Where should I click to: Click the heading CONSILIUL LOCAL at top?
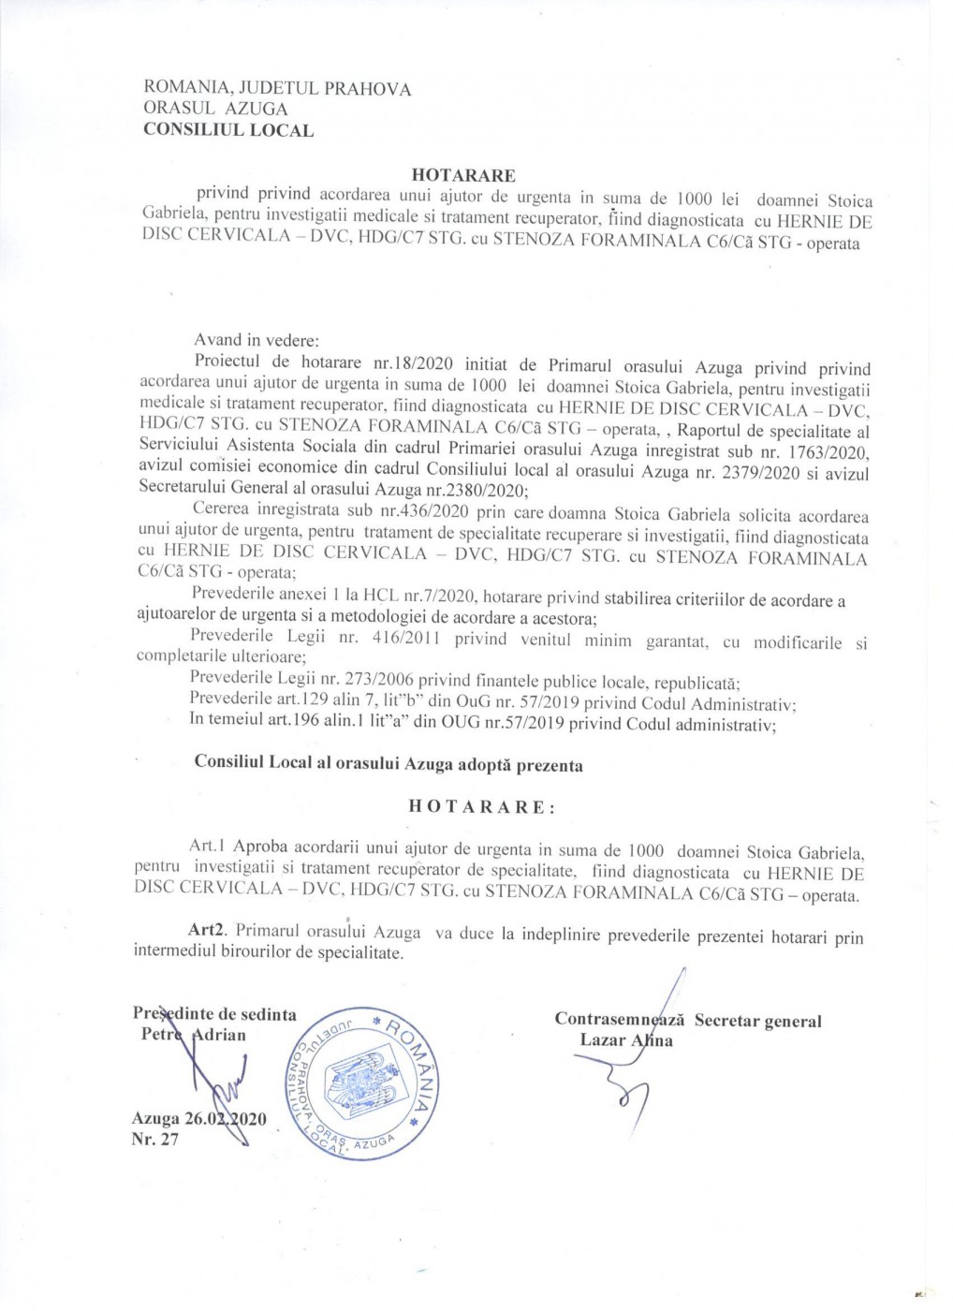pos(227,130)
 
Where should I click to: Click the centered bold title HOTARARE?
pos(463,175)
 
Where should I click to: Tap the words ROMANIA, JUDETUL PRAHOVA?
pos(276,89)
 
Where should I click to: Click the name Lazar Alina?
pos(626,1040)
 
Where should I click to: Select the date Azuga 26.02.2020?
pos(199,1119)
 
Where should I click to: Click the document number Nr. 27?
pos(155,1140)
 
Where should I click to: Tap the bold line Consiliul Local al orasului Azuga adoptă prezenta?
pos(388,763)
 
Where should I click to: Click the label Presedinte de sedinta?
pos(214,1014)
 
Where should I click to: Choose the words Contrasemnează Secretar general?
pos(687,1021)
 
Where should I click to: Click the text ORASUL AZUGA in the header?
pos(215,109)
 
